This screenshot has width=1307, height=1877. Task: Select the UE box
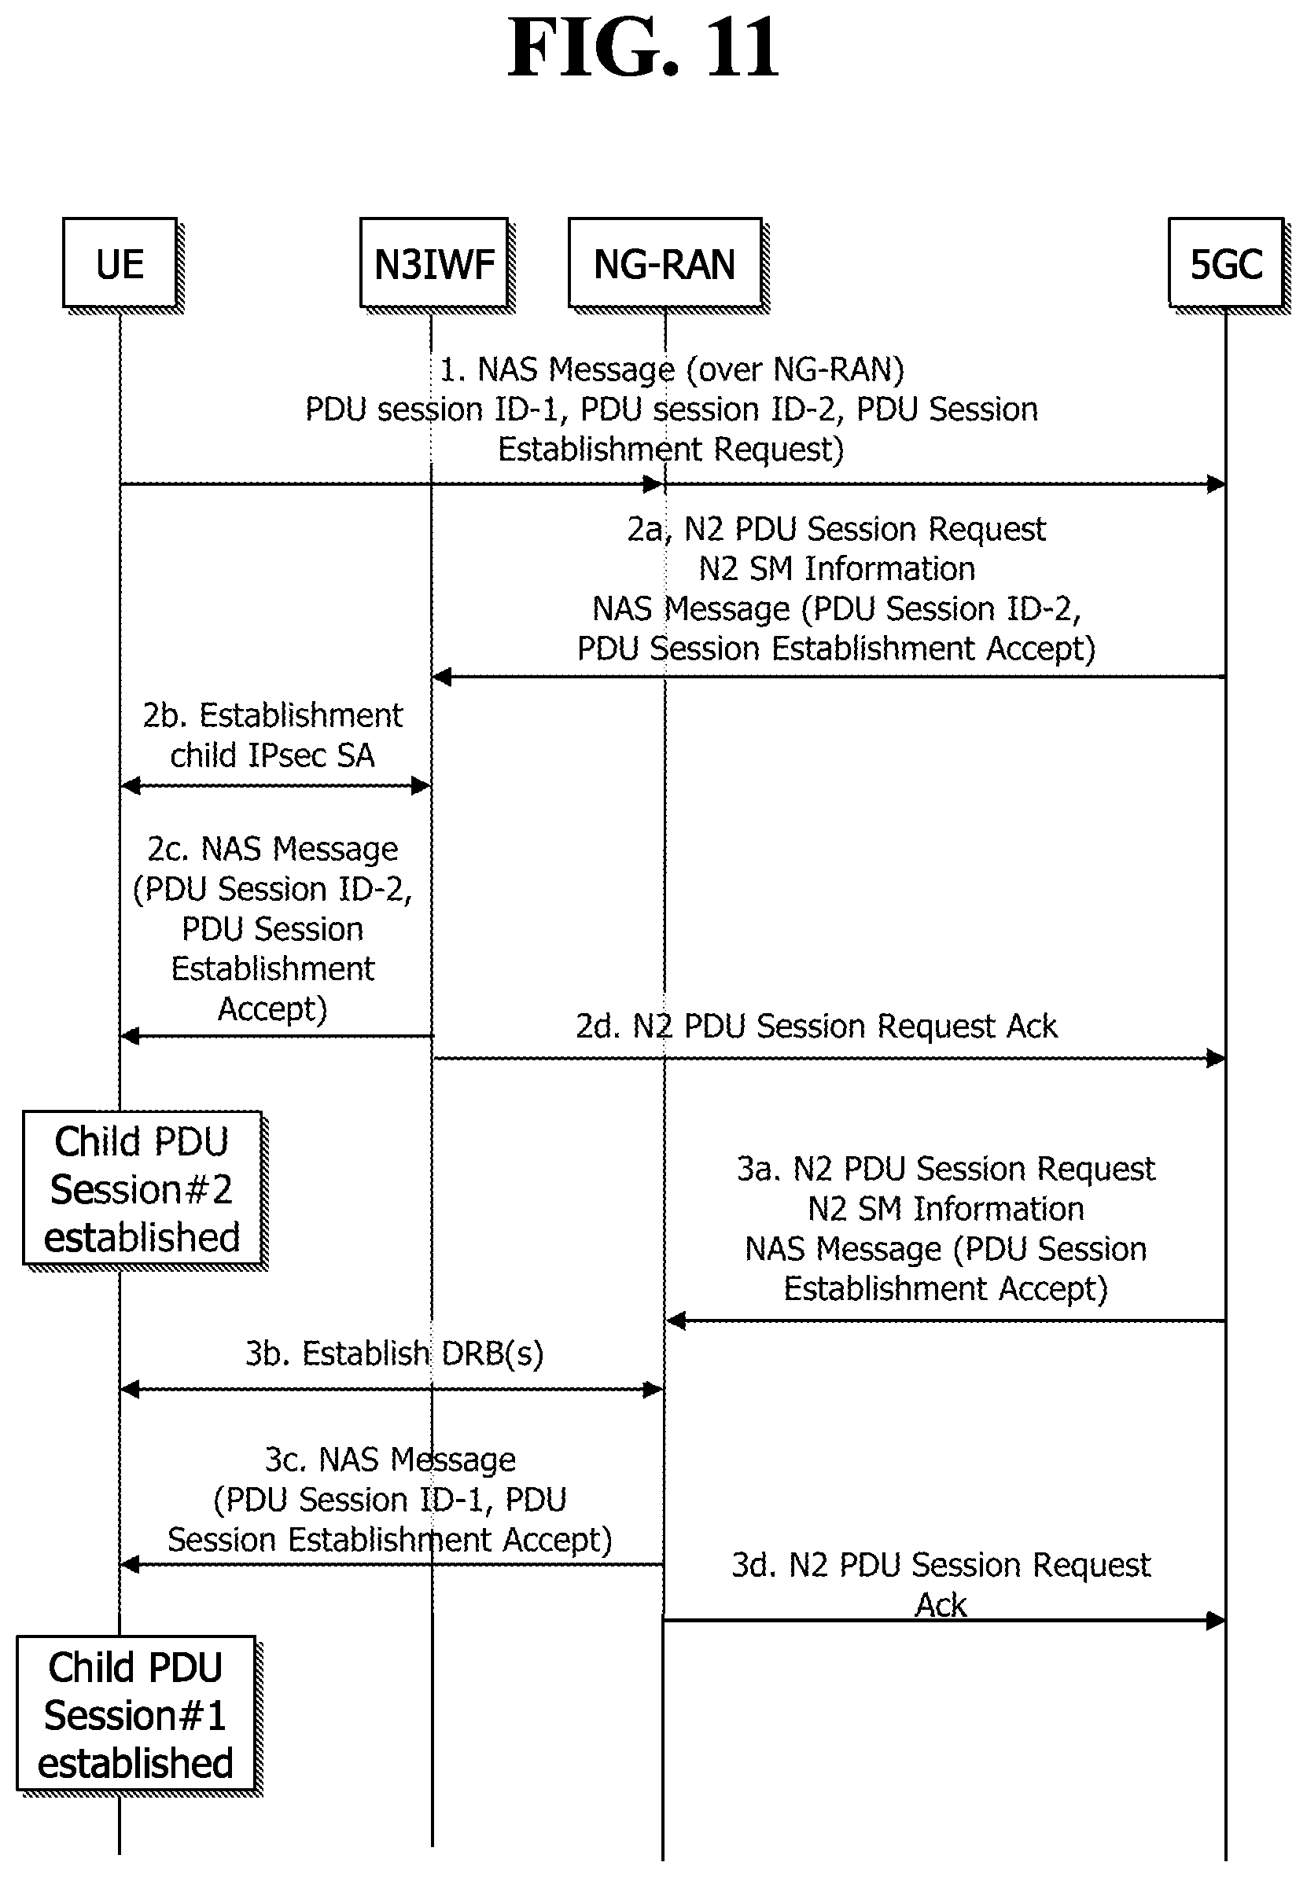(120, 263)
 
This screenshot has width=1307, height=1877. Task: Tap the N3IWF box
(434, 263)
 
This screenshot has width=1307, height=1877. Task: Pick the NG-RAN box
(665, 263)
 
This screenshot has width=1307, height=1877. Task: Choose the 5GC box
(1225, 263)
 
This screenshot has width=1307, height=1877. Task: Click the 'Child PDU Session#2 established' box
(142, 1188)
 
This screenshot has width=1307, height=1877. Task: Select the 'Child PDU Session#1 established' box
(136, 1714)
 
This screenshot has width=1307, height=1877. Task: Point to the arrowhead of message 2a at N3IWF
(442, 676)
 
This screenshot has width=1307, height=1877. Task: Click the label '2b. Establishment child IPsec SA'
(272, 734)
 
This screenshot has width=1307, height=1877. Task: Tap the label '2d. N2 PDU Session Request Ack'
(816, 1026)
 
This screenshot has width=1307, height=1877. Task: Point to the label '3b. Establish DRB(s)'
(394, 1353)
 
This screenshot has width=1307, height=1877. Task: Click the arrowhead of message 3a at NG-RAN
(676, 1320)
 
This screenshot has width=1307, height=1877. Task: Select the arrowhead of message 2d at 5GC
(1217, 1059)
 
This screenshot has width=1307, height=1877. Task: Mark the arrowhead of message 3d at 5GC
(1217, 1619)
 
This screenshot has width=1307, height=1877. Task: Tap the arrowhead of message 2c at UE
(129, 1037)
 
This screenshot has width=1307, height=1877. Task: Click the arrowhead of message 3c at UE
(129, 1565)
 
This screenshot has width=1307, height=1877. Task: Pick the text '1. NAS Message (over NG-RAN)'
(672, 369)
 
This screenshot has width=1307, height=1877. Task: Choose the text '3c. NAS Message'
(390, 1460)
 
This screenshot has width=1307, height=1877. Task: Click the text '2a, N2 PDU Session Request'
(836, 529)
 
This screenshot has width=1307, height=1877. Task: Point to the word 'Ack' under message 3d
(941, 1605)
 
